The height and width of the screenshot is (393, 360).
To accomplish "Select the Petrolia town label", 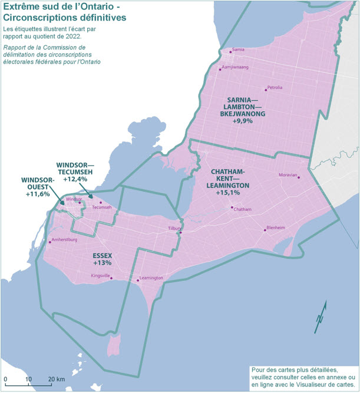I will point(275,88).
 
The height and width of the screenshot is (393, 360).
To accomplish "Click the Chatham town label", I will point(243,210).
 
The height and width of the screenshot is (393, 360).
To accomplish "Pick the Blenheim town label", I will point(276,227).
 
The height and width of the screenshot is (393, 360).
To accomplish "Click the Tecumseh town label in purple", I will point(101,207).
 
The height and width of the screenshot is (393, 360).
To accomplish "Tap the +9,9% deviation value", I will point(243,121).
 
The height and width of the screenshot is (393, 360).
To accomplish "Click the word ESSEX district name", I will point(103,255).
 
